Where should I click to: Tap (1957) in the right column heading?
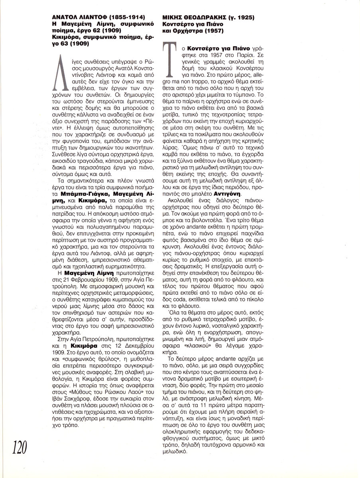coord(214,31)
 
